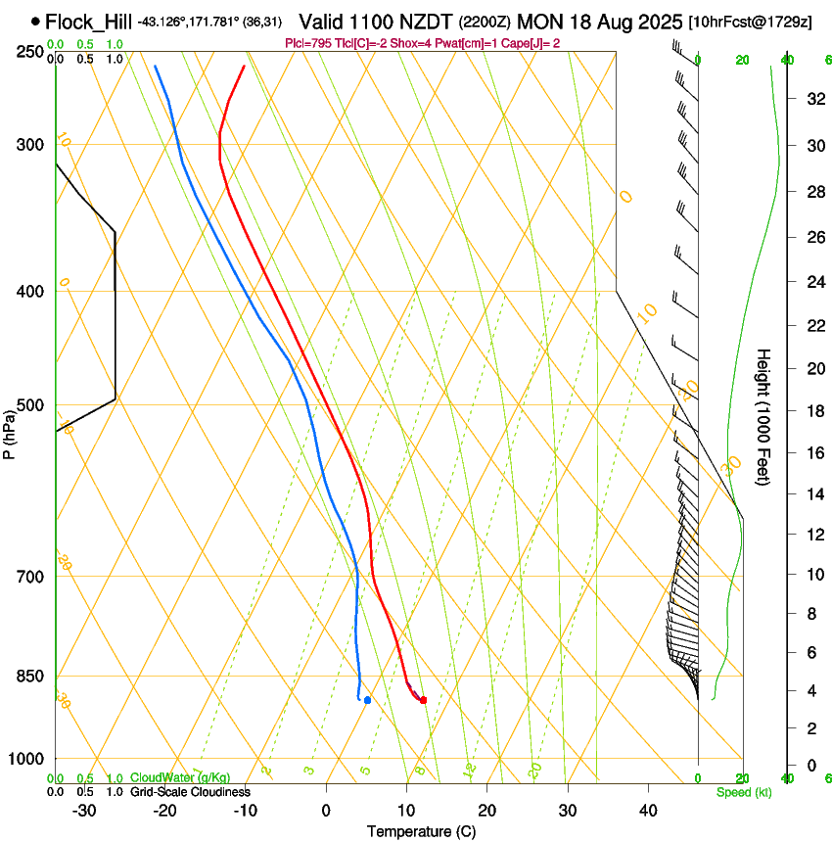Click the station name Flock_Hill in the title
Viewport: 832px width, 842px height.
coord(89,21)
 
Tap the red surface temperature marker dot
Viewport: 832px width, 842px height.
coord(423,700)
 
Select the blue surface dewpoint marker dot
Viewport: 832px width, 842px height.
coord(367,700)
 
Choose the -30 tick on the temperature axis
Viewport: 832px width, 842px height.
coord(84,811)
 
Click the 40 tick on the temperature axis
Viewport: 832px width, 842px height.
coord(648,811)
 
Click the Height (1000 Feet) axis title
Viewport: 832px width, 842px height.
coord(764,416)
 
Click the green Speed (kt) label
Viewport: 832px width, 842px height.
coord(743,792)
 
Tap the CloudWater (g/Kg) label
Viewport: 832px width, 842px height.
coord(181,778)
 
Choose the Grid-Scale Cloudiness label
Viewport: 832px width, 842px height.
coord(189,792)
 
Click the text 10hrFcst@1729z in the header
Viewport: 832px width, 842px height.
coord(750,22)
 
